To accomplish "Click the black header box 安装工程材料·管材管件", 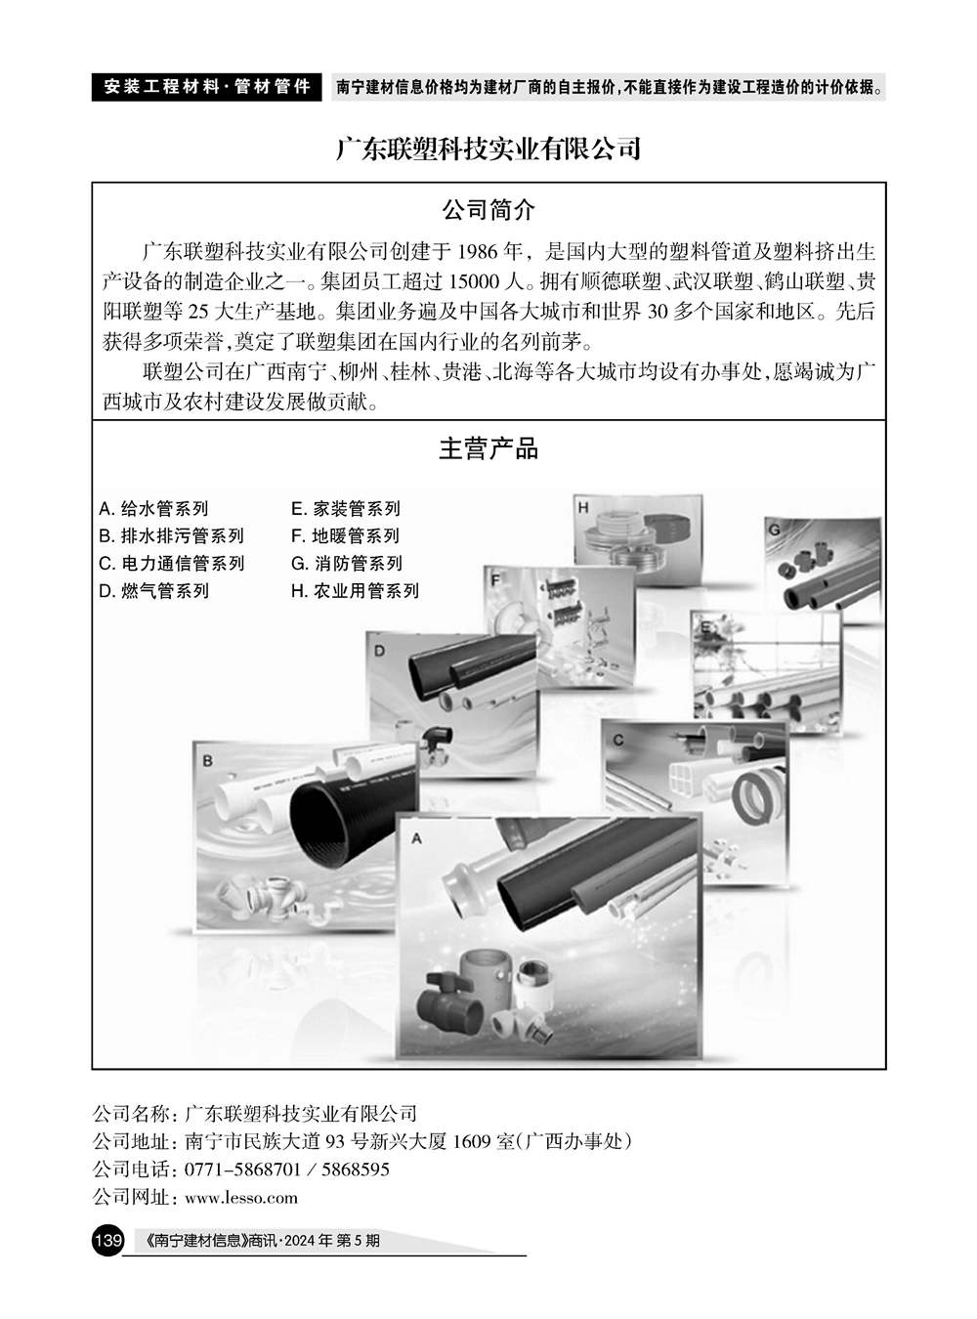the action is [x=206, y=87].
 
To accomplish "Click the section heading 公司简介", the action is [x=488, y=210].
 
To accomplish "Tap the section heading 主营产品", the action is [x=488, y=449].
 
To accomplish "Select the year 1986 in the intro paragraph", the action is [x=477, y=252].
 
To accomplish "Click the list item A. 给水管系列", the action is [x=153, y=508].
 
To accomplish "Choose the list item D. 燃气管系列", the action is [x=153, y=590].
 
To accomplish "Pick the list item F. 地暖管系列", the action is [x=345, y=535].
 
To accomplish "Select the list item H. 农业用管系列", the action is [x=355, y=590].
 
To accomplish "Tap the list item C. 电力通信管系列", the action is [x=171, y=563].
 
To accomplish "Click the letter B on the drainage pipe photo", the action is [x=207, y=760].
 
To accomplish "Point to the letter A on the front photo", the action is [x=416, y=838].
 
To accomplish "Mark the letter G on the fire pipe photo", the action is [x=774, y=530].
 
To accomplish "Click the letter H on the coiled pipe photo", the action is [x=582, y=507].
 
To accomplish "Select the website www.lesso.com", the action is [x=241, y=1198].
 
